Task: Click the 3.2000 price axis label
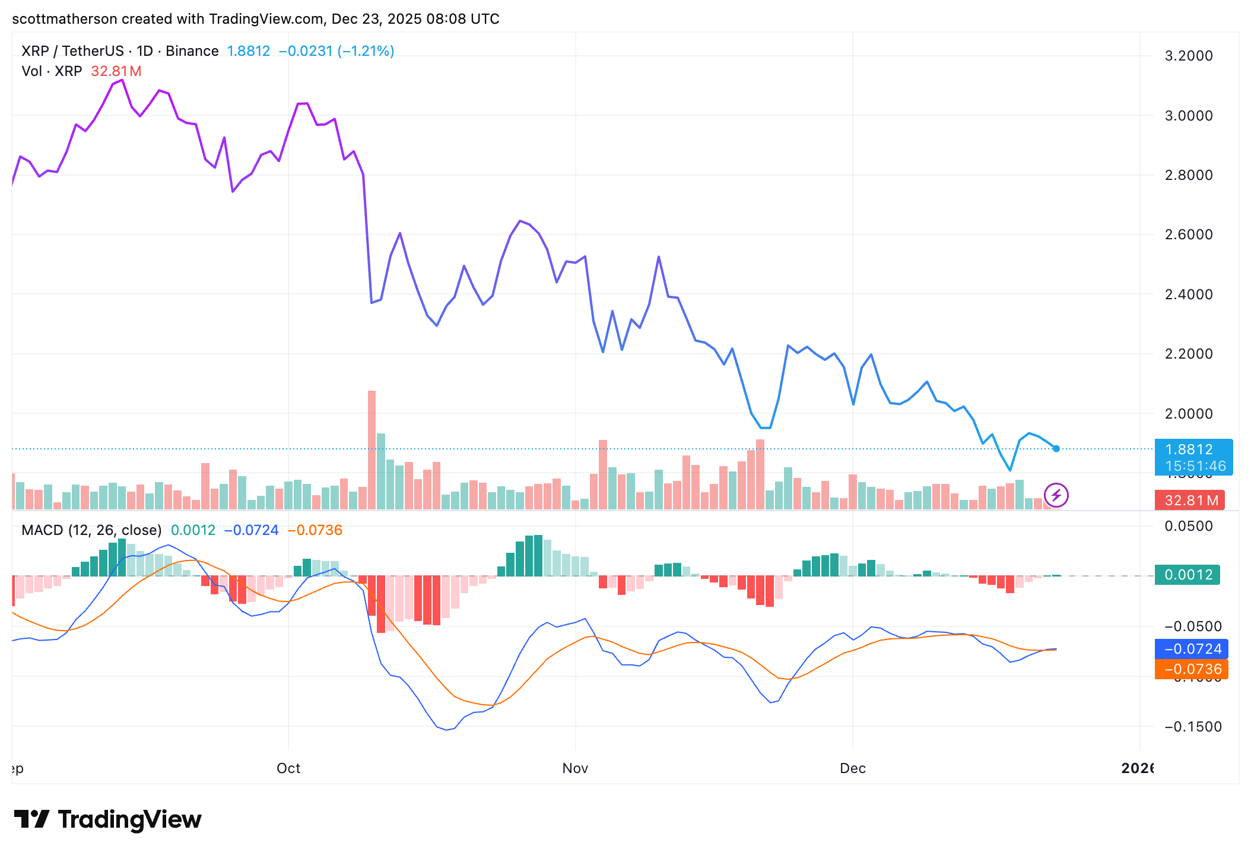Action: (x=1188, y=56)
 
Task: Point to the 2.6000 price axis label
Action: (x=1188, y=235)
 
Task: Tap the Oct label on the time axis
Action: (x=288, y=768)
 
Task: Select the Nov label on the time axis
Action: (x=575, y=768)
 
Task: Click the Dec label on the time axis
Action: (x=853, y=768)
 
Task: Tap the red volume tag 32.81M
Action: (x=1190, y=501)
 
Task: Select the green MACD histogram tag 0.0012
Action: (x=1188, y=575)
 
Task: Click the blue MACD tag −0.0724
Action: (x=1192, y=649)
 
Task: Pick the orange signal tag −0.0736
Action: (x=1192, y=669)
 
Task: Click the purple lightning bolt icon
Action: (x=1056, y=495)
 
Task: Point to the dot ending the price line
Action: (x=1056, y=449)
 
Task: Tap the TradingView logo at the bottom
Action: (x=108, y=820)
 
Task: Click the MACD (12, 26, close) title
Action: (x=91, y=530)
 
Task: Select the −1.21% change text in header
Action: (x=366, y=51)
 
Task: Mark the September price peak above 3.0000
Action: (x=122, y=80)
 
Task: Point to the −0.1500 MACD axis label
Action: (x=1192, y=727)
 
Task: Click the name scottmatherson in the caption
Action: (x=65, y=19)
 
